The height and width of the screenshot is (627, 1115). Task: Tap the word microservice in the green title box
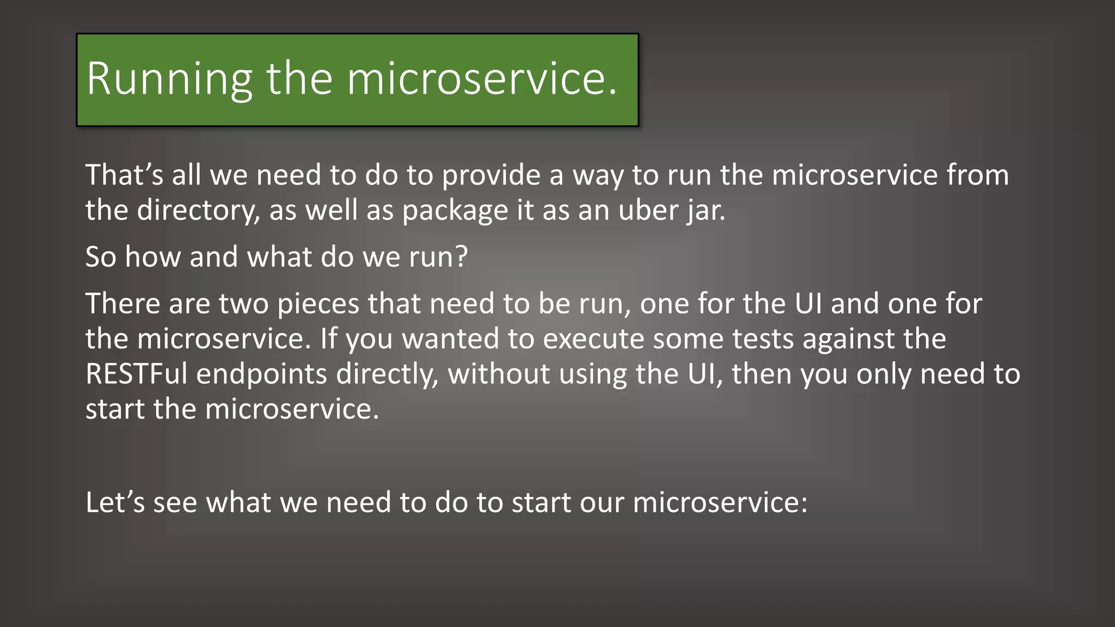[476, 79]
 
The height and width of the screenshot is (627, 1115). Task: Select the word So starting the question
[101, 257]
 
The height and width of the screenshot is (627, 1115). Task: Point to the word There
[122, 304]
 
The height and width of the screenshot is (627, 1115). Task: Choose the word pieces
[318, 304]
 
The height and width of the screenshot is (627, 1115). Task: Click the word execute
[593, 339]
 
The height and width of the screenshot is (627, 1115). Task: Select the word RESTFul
[137, 374]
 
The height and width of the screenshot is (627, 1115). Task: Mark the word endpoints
[261, 374]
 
